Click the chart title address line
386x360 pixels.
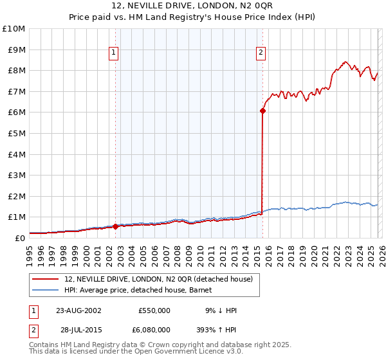pos(193,6)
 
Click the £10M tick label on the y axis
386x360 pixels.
pos(14,29)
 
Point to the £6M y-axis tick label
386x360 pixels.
pos(15,113)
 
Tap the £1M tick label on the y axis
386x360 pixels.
pos(15,217)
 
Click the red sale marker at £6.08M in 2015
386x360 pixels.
pos(262,111)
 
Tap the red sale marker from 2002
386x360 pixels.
pos(115,226)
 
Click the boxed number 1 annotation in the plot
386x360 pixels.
pos(113,53)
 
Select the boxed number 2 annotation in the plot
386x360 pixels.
pos(261,53)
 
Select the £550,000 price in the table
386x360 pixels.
pos(154,310)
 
